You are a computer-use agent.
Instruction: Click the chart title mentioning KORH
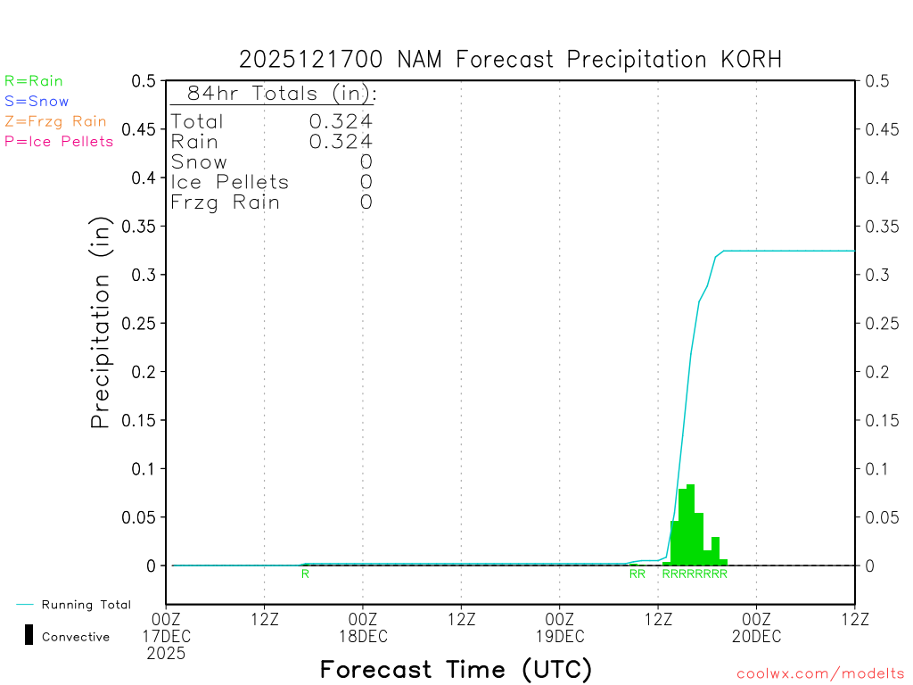coord(510,60)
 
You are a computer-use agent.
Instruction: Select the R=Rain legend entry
coord(34,81)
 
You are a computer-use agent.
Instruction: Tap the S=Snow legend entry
coord(37,102)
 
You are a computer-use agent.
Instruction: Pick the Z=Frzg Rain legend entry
coord(55,121)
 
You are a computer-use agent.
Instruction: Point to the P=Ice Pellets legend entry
coord(59,141)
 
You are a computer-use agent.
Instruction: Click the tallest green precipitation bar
coord(691,526)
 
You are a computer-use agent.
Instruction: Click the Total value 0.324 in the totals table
coord(341,121)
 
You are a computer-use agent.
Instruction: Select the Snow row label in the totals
coord(199,162)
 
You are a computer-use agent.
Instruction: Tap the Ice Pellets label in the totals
coord(230,182)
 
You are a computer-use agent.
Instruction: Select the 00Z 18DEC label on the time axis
coord(363,626)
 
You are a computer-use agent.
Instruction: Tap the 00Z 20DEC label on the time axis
coord(756,626)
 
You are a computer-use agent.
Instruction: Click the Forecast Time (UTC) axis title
coord(456,669)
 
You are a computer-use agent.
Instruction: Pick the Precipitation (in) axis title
coord(102,323)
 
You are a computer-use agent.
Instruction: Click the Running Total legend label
coord(86,605)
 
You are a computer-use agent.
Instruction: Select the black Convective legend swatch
coord(29,635)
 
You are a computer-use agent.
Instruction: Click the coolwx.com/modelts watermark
coord(821,674)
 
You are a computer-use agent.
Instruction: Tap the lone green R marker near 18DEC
coord(305,574)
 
